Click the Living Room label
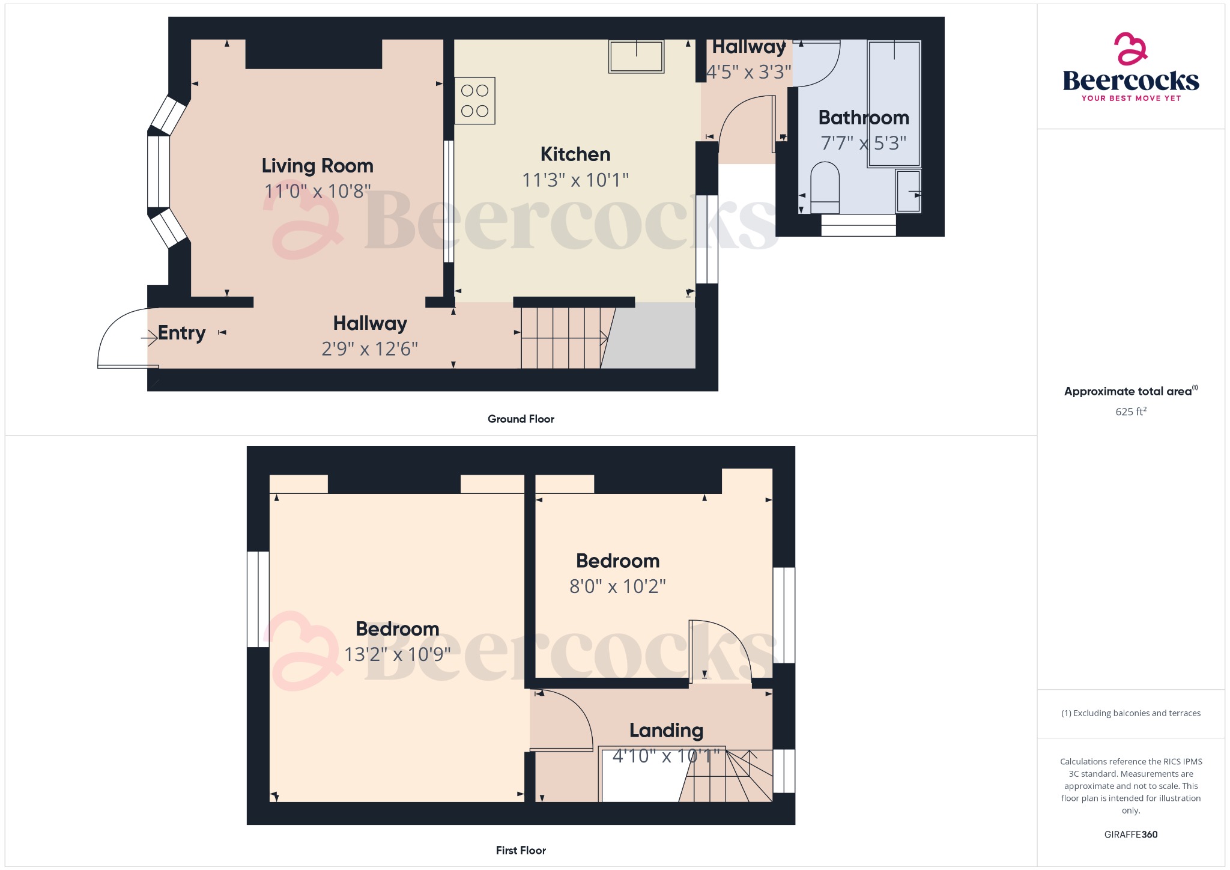(317, 166)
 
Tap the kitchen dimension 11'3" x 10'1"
(575, 180)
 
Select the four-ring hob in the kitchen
(474, 101)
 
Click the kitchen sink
(636, 56)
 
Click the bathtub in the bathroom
(894, 103)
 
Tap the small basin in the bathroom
(908, 191)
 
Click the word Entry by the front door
(181, 333)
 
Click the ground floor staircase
(562, 338)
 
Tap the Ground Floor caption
(521, 419)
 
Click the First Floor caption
(521, 850)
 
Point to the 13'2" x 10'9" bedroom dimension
(397, 654)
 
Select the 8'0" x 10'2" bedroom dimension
(617, 586)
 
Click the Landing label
(666, 731)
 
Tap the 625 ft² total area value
(1130, 412)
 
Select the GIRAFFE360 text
(1130, 835)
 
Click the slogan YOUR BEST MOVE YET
(1131, 98)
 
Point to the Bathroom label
(863, 118)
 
